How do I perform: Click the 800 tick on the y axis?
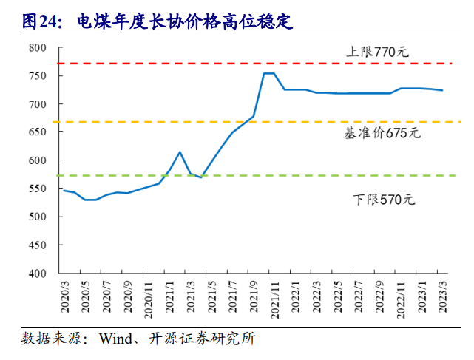coord(38,48)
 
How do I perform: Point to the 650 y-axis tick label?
coord(38,132)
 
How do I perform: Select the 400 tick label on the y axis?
coord(38,274)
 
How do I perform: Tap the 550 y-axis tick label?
coord(38,189)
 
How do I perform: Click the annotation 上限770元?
coord(377,52)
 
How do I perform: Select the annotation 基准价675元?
coord(382,133)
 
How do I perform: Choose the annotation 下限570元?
coord(380,200)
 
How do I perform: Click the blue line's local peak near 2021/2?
coord(180,152)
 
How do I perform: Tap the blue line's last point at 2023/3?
coord(443,90)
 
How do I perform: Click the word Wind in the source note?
coord(115,339)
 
